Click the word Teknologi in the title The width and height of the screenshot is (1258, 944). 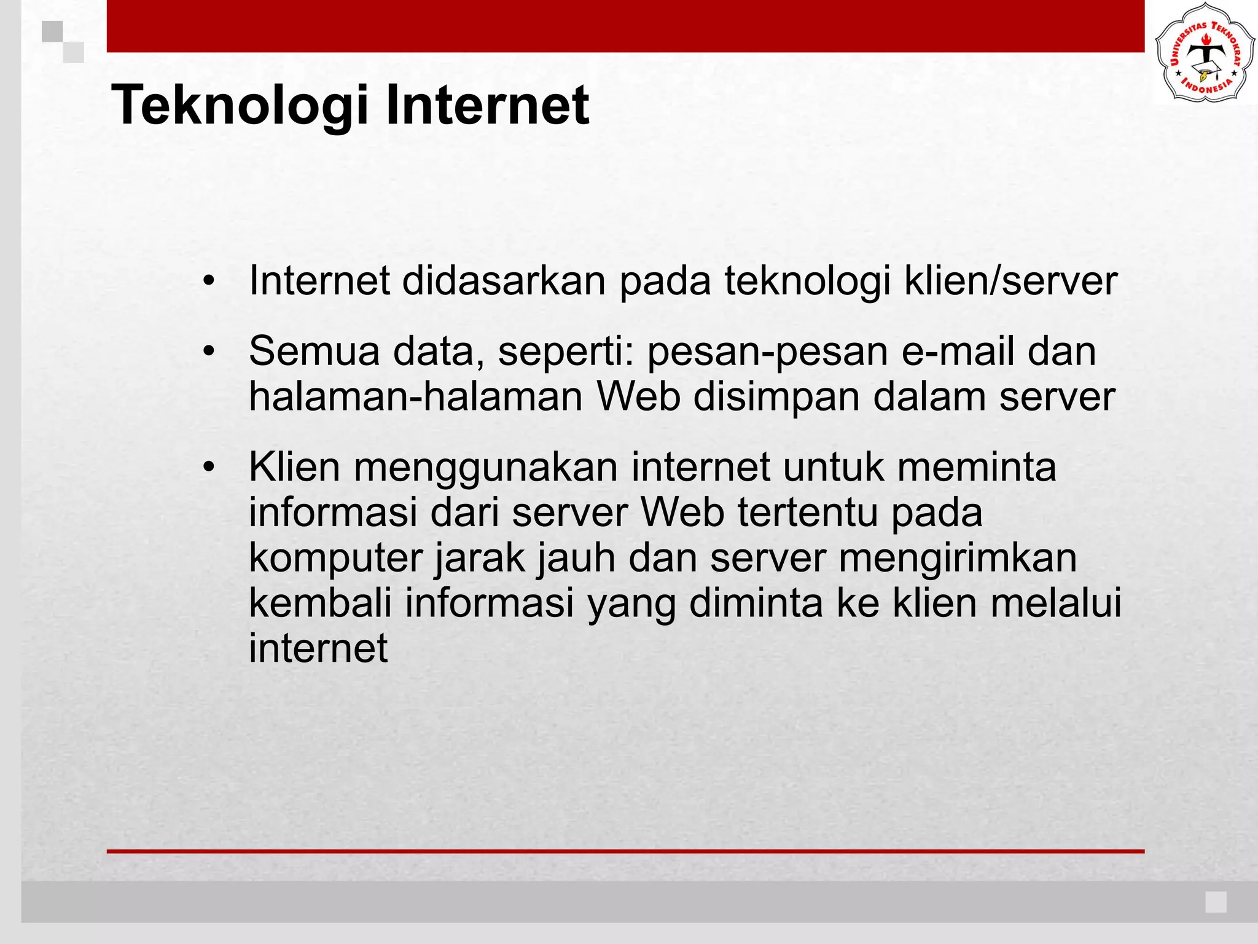click(x=240, y=106)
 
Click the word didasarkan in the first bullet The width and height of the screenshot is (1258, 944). click(x=504, y=281)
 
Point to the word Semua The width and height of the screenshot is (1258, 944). click(x=314, y=352)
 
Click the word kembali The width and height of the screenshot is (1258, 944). click(x=320, y=603)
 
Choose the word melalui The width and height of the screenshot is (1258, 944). click(x=1056, y=603)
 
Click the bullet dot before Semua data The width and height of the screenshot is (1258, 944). click(x=209, y=352)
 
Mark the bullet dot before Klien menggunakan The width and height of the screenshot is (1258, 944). click(x=209, y=468)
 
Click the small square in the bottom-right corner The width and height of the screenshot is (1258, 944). click(x=1216, y=902)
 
